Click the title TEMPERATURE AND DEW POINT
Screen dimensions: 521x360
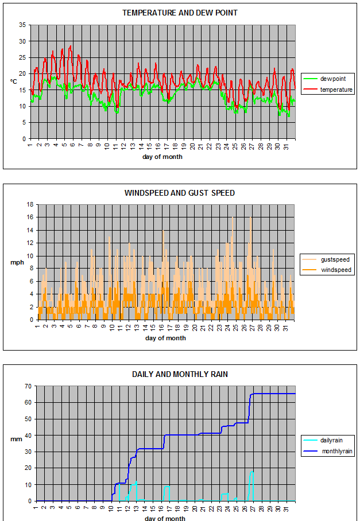(x=180, y=13)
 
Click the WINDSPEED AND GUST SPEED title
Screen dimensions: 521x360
(x=180, y=193)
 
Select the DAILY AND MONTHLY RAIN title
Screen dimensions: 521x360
(x=180, y=374)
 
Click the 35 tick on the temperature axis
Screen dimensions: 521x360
(x=22, y=25)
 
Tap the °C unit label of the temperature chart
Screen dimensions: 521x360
(x=13, y=81)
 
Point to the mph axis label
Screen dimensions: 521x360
(x=16, y=263)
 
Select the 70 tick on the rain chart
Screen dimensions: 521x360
(x=26, y=387)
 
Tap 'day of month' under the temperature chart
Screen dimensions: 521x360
(x=162, y=157)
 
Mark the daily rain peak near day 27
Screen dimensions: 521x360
(x=251, y=472)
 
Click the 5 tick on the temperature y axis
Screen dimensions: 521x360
(x=24, y=122)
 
